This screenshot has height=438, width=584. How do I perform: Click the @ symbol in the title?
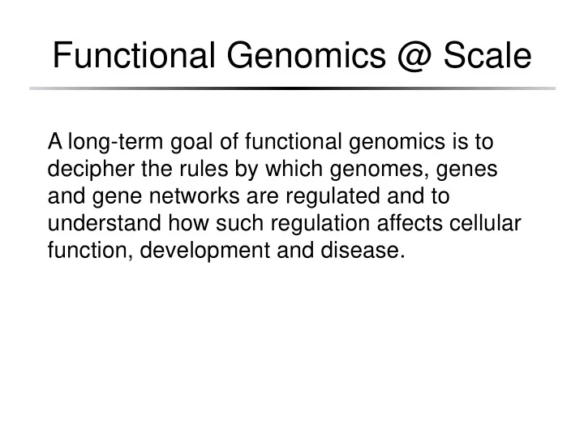pos(414,56)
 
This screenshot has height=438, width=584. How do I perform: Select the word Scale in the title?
pos(487,55)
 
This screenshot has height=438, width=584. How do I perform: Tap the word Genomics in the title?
pos(306,55)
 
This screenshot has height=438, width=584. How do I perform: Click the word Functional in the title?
pos(134,55)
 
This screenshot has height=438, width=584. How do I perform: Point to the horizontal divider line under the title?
pos(292,88)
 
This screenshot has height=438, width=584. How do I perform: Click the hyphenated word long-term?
pos(115,142)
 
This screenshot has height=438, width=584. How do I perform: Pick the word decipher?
pos(91,169)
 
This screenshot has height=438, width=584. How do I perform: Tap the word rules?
pos(204,169)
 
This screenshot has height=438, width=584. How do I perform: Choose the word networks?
pos(194,196)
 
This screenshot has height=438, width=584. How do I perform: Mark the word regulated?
pos(333,196)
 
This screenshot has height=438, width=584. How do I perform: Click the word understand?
pos(105,223)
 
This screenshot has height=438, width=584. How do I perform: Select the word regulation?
pos(320,224)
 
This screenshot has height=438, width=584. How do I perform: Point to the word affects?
pos(410,223)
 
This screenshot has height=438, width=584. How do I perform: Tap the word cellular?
pos(485,223)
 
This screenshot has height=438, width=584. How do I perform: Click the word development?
pos(205,251)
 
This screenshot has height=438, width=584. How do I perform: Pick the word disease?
pos(363,250)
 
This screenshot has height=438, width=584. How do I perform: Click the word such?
pos(239,223)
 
